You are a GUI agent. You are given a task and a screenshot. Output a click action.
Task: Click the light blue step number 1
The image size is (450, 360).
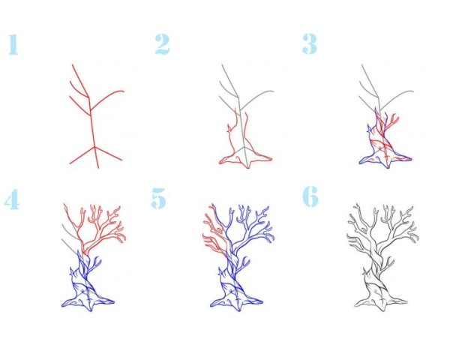pyautogui.click(x=13, y=44)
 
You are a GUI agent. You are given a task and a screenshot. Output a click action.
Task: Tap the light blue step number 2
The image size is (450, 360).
pyautogui.click(x=162, y=44)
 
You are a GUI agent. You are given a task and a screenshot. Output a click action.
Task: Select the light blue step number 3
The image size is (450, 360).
pyautogui.click(x=309, y=43)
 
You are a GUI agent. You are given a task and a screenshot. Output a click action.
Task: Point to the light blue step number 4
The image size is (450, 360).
pyautogui.click(x=12, y=199)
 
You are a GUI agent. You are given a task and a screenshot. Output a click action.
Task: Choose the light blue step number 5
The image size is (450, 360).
pyautogui.click(x=159, y=198)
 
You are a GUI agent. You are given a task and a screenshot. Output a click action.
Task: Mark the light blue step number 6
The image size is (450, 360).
pyautogui.click(x=310, y=196)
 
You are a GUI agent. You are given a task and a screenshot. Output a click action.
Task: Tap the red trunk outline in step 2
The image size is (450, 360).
pyautogui.click(x=244, y=141)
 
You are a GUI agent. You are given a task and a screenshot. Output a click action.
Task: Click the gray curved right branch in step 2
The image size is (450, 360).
pyautogui.click(x=256, y=98)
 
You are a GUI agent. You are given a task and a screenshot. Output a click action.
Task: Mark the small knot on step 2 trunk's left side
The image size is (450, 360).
pyautogui.click(x=229, y=128)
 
